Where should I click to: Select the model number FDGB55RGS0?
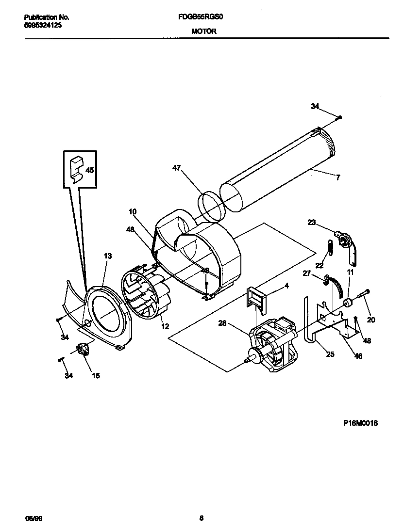(x=201, y=16)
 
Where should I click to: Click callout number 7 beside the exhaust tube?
(x=338, y=177)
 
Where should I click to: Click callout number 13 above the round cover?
(x=107, y=256)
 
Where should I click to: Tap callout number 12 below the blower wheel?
(x=165, y=326)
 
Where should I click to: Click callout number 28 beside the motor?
(x=222, y=322)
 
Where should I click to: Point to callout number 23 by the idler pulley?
(x=312, y=223)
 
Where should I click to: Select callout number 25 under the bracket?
(x=330, y=354)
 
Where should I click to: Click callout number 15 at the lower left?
(x=96, y=375)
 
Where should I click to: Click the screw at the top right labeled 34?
(x=339, y=117)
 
